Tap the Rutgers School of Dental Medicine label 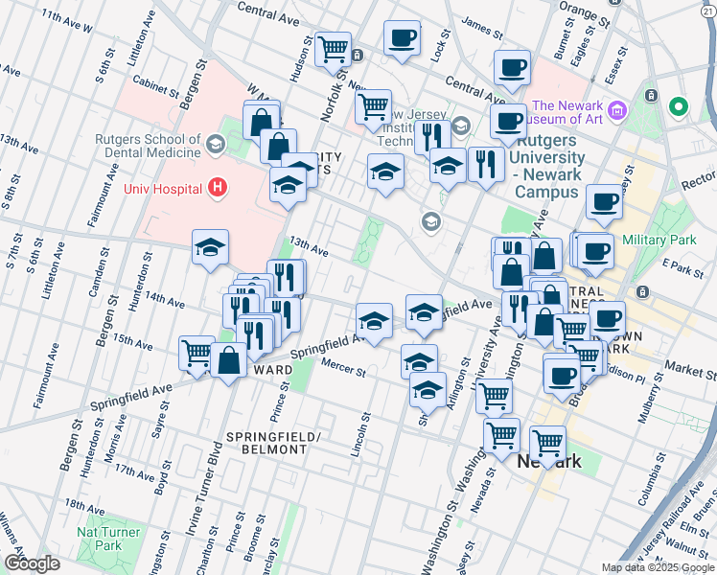[x=148, y=145]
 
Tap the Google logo [x=32, y=563]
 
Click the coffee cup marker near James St [x=403, y=39]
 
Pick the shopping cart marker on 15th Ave [x=197, y=352]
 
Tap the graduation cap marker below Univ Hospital [x=211, y=248]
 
